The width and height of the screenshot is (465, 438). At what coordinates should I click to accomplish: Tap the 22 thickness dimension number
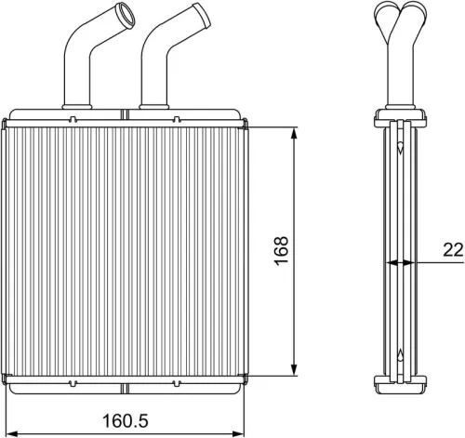452,248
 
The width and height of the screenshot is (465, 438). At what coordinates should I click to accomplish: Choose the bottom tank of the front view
126,382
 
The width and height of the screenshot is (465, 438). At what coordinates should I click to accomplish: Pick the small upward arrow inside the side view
400,354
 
